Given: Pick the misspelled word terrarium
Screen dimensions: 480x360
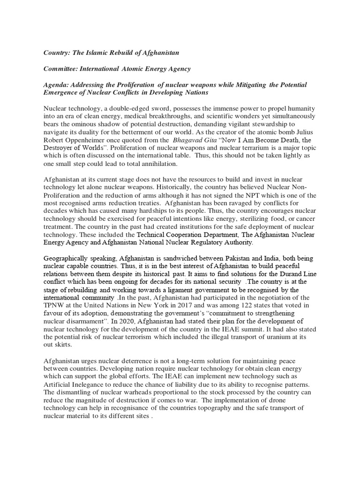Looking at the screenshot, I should (x=227, y=148).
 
